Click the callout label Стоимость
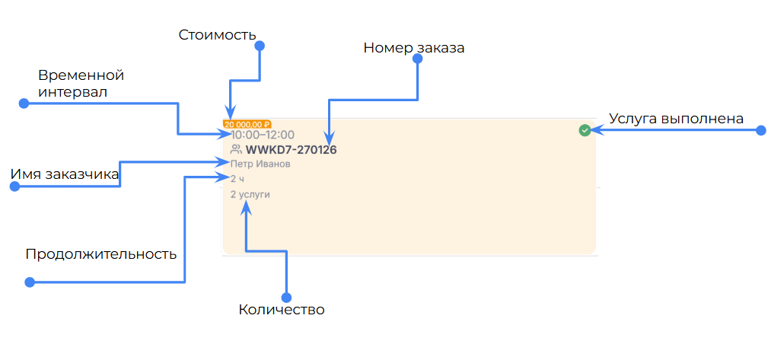click(x=217, y=35)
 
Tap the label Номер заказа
click(x=413, y=48)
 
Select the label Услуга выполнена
click(x=676, y=118)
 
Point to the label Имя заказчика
click(x=65, y=174)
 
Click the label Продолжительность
click(x=100, y=253)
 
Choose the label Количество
click(x=282, y=310)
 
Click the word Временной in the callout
click(x=81, y=75)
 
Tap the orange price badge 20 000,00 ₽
click(x=247, y=124)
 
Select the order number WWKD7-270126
click(x=291, y=150)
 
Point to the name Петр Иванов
click(x=260, y=164)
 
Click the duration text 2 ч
click(x=237, y=179)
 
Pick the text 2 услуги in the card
click(x=250, y=194)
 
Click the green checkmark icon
click(x=585, y=130)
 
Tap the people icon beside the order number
click(x=236, y=150)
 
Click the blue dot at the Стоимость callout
click(x=259, y=46)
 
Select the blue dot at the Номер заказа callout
click(x=417, y=62)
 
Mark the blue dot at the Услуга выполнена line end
click(x=760, y=131)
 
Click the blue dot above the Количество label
click(x=286, y=297)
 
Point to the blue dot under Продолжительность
click(x=30, y=282)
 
